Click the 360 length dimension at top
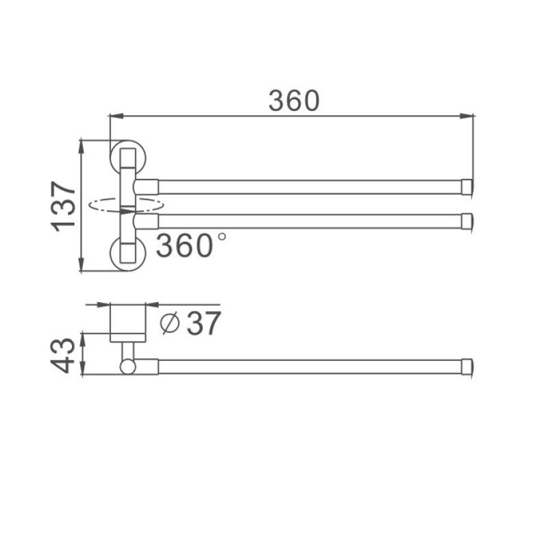(x=294, y=101)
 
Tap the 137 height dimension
(x=64, y=206)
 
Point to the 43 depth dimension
(x=64, y=353)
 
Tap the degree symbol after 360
(x=221, y=236)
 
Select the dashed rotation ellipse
(x=127, y=204)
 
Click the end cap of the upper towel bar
(x=468, y=186)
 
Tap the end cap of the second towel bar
(x=468, y=221)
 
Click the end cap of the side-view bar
(x=468, y=366)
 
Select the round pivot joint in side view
(x=127, y=367)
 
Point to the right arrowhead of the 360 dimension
(x=471, y=116)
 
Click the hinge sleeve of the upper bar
(x=147, y=186)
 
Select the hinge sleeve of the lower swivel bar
(x=147, y=221)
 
